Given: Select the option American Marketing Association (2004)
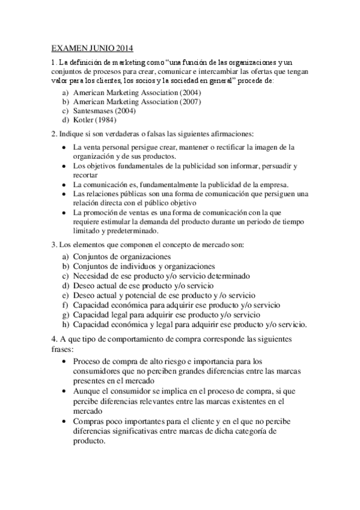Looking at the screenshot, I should (x=137, y=93).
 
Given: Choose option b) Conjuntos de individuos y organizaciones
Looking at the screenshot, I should (x=144, y=266).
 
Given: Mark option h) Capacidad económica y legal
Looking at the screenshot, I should (x=189, y=324).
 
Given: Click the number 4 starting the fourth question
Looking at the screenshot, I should (x=54, y=339).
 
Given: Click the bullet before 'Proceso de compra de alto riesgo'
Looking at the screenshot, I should (x=65, y=361).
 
